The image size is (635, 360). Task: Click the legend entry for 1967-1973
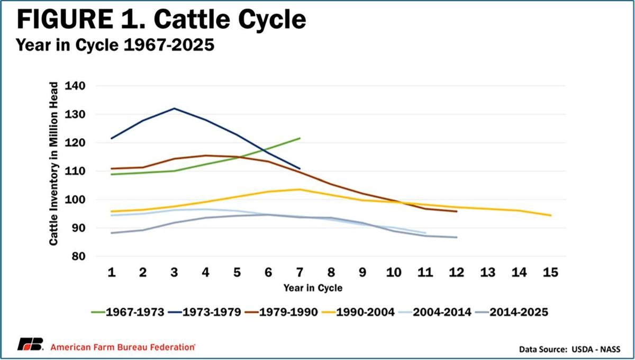coord(128,312)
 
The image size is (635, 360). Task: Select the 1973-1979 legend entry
coord(205,312)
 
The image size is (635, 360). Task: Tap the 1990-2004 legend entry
coord(358,312)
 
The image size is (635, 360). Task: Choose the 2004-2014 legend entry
coord(435,312)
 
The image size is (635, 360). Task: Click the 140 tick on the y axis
coord(75,86)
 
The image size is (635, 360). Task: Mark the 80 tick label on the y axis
coord(78,256)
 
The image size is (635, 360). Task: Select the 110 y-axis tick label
coord(75,171)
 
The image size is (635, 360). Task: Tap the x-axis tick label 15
coord(550,272)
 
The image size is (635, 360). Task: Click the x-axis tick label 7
coord(300,272)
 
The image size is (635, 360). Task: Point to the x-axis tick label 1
coord(112,272)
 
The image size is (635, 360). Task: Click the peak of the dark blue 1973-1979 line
coord(174,109)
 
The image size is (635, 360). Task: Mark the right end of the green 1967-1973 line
coord(300,138)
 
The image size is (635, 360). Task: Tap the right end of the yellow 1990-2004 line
coord(551,215)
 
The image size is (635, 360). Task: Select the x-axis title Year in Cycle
coord(313,288)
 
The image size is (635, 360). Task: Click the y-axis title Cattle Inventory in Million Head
coord(53,164)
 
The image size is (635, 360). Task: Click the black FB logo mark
coord(30,344)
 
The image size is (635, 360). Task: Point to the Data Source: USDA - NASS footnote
coord(569,349)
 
